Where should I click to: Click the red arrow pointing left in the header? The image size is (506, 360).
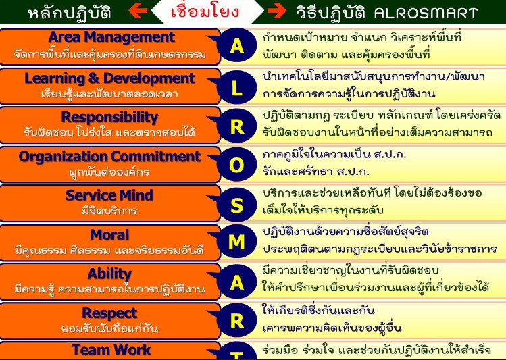(138, 11)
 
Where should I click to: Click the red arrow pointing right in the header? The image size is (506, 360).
(276, 11)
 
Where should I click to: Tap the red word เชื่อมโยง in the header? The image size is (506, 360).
(205, 11)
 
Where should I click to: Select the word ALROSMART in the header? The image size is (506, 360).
(426, 14)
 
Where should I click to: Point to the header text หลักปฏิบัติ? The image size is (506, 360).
(70, 12)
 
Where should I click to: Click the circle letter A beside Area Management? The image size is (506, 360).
(237, 45)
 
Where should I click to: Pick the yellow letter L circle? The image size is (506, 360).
(237, 87)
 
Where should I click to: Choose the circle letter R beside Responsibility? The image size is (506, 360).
(237, 126)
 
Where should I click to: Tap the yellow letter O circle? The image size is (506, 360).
(237, 165)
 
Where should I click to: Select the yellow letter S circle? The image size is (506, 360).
(237, 205)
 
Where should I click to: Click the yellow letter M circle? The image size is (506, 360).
(237, 241)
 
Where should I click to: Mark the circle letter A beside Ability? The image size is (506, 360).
(237, 282)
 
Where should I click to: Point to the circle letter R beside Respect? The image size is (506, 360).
(237, 321)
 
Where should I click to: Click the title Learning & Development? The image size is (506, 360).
(109, 78)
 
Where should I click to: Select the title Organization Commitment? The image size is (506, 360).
(109, 157)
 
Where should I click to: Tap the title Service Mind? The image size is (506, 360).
(109, 195)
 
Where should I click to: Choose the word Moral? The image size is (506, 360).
(109, 235)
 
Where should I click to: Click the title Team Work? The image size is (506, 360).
(111, 350)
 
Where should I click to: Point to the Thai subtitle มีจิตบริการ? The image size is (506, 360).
(109, 211)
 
